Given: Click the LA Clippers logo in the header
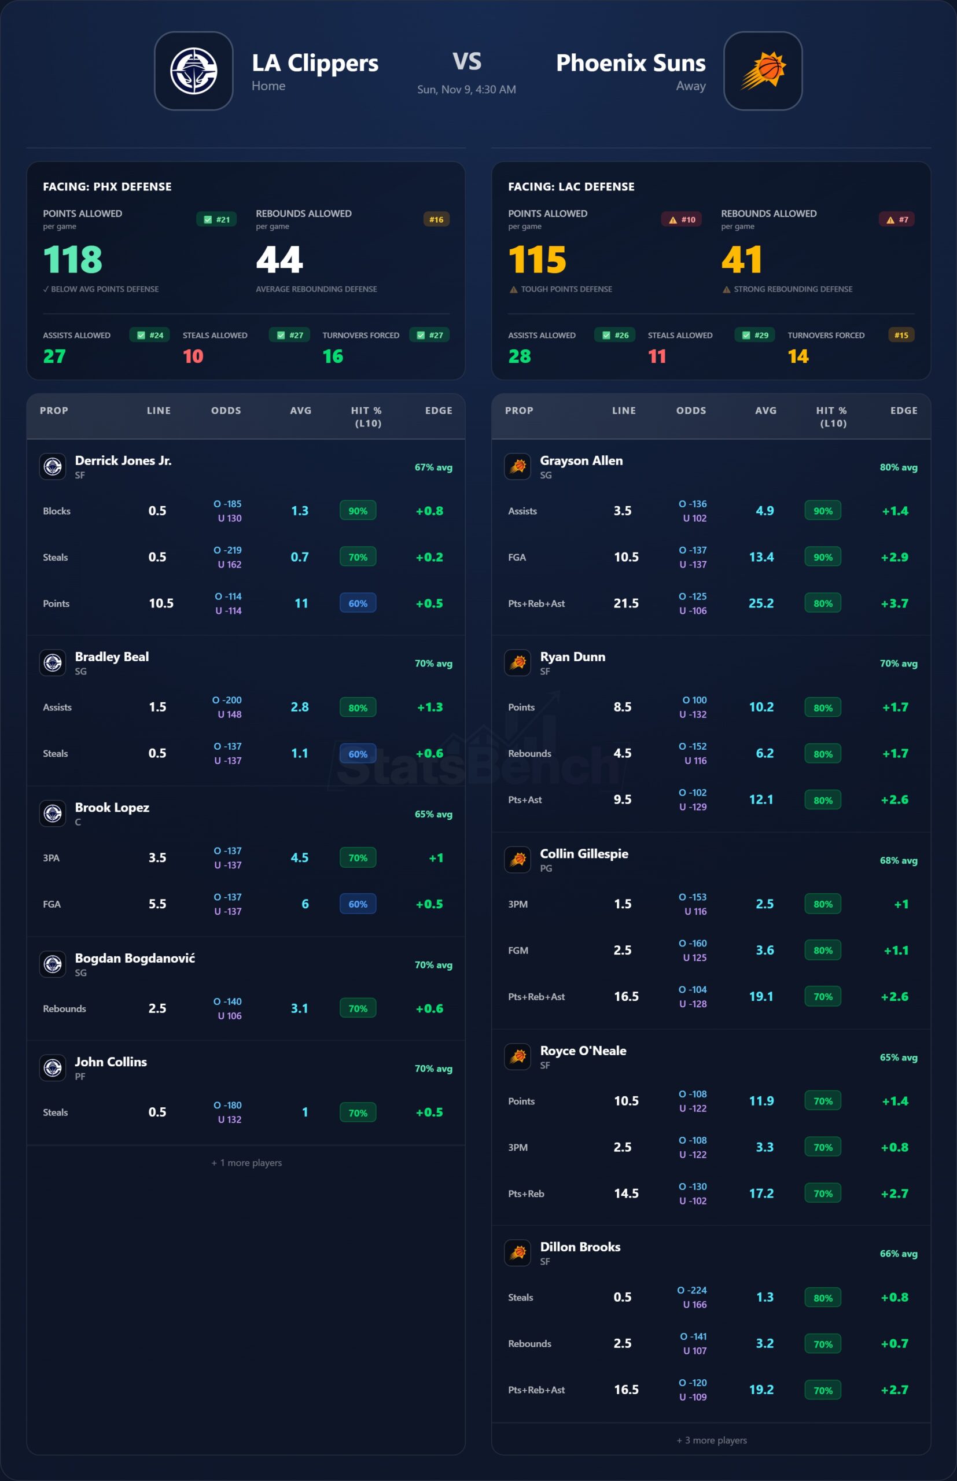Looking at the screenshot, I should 193,71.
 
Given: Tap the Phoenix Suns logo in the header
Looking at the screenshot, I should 763,71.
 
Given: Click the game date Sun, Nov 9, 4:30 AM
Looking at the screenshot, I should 466,90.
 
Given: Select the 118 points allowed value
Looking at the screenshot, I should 73,259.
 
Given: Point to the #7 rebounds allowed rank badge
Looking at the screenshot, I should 897,219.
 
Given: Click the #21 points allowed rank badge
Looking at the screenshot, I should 216,219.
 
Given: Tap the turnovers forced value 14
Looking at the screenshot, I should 798,356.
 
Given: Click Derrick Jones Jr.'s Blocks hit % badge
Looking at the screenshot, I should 358,511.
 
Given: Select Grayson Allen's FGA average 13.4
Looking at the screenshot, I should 761,557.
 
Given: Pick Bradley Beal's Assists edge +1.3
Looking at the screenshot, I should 429,707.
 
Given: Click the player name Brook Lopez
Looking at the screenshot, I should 112,807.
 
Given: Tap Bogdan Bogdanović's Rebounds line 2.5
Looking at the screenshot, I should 157,1008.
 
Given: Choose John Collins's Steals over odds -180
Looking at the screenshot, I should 227,1105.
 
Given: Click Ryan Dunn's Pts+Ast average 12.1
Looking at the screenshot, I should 761,800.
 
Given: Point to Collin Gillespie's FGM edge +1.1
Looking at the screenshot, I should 896,951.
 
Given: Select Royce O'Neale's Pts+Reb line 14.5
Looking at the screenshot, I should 626,1193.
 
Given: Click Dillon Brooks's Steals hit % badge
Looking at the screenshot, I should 822,1297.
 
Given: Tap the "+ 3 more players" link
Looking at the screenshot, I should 712,1440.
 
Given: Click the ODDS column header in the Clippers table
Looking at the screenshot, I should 226,411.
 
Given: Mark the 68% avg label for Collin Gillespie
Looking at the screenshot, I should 898,860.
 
